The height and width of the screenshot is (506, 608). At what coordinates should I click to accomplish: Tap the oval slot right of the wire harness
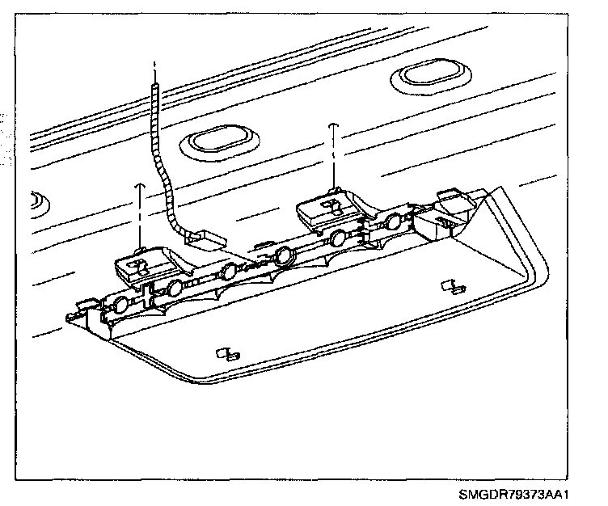[217, 140]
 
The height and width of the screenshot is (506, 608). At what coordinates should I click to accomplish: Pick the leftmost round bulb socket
[120, 305]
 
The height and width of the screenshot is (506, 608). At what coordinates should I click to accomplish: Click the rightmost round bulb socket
[394, 221]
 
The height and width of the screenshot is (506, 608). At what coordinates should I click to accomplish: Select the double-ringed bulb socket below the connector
[284, 258]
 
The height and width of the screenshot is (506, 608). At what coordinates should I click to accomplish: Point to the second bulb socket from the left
[174, 289]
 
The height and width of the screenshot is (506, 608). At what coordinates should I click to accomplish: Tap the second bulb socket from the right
[338, 237]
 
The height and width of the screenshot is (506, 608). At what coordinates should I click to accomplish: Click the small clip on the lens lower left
[227, 354]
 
